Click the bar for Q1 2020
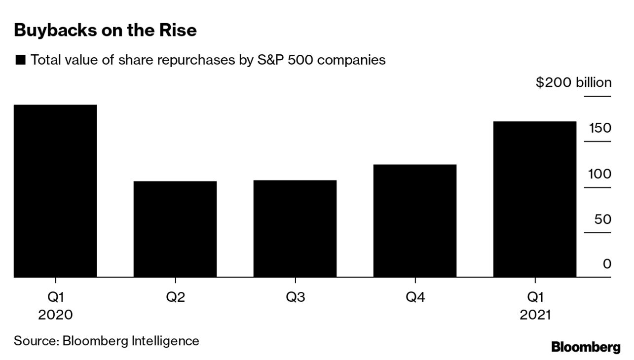[x=55, y=191]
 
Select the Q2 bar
[x=175, y=229]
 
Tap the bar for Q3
[x=295, y=228]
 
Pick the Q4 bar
[x=415, y=220]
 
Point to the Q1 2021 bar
[x=535, y=199]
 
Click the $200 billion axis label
[x=573, y=82]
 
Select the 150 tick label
[x=600, y=128]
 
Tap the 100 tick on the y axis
[x=600, y=174]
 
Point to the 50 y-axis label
[x=602, y=219]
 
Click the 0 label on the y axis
[x=607, y=264]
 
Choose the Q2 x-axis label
[x=175, y=297]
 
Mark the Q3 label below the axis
[x=295, y=297]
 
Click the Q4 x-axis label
[x=415, y=297]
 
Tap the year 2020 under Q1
[x=55, y=315]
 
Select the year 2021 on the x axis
[x=535, y=315]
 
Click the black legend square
[x=21, y=61]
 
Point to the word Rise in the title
[x=179, y=31]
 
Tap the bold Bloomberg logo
[x=586, y=347]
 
